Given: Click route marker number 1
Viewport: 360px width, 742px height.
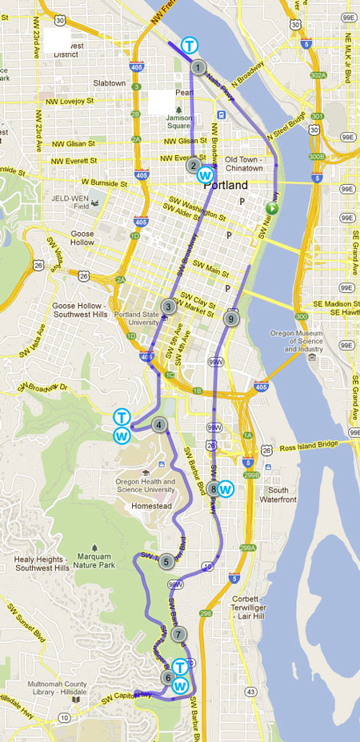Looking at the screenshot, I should coord(197,67).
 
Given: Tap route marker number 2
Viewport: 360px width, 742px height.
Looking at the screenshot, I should coord(194,166).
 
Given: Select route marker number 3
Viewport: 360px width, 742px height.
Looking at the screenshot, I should coord(168,307).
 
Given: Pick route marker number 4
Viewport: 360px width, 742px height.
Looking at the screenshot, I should coord(160,426).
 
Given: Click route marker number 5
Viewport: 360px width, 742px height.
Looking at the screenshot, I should coord(166,561).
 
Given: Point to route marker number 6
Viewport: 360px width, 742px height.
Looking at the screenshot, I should coord(167,677).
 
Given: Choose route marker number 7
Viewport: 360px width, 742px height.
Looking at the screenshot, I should coord(178,633).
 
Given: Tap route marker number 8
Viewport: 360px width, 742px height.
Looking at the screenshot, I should coord(213,488).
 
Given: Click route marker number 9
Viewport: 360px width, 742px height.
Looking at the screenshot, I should coord(231,319).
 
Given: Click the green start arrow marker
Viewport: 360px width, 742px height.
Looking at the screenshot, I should coord(272,209).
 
